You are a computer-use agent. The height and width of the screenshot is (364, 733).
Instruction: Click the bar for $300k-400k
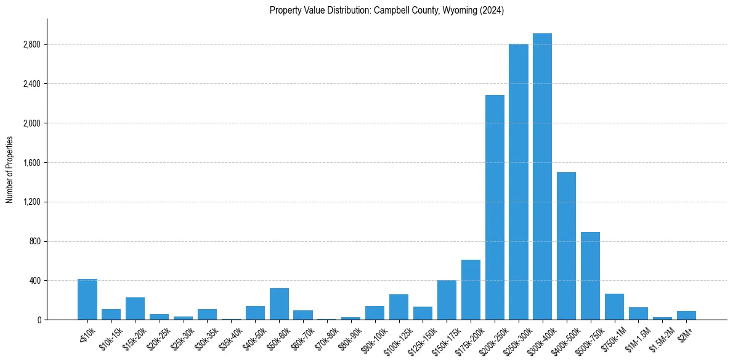pyautogui.click(x=542, y=176)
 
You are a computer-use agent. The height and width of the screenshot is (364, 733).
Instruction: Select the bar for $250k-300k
pyautogui.click(x=518, y=182)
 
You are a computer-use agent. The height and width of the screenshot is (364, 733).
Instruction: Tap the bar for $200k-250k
pyautogui.click(x=495, y=207)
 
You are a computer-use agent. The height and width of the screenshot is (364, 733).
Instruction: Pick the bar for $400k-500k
pyautogui.click(x=566, y=246)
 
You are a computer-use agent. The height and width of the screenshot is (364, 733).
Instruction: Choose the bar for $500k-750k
pyautogui.click(x=590, y=276)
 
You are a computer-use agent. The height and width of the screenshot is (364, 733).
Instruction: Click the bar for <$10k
pyautogui.click(x=87, y=299)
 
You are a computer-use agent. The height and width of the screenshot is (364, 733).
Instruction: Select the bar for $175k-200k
pyautogui.click(x=471, y=289)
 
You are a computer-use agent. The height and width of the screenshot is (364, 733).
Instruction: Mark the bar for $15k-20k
pyautogui.click(x=135, y=308)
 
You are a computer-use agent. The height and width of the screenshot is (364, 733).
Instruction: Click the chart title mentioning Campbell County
pyautogui.click(x=387, y=10)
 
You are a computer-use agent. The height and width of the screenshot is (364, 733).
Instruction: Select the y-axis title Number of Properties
pyautogui.click(x=10, y=170)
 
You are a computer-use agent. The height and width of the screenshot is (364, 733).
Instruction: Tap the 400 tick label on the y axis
pyautogui.click(x=34, y=281)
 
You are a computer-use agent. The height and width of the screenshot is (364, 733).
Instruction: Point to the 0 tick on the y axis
pyautogui.click(x=39, y=320)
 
